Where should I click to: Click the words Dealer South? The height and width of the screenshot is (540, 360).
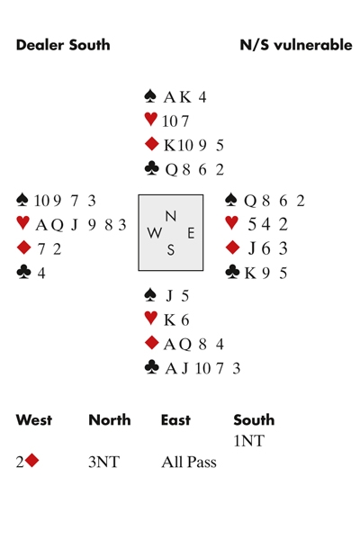point(63,45)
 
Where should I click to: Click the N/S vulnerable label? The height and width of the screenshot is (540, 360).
point(296,45)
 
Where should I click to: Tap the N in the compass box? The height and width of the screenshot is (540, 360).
point(171,216)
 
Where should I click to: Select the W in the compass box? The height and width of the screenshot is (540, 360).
point(154,233)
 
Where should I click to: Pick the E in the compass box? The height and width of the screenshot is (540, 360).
point(191,233)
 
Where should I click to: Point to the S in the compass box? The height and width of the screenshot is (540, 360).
point(170,249)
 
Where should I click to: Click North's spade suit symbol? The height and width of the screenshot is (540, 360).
point(150,96)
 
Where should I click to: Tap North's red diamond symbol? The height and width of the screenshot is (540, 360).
point(151,144)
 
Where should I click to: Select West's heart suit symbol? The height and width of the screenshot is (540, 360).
point(22,223)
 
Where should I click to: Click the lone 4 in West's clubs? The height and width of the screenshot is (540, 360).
point(41,273)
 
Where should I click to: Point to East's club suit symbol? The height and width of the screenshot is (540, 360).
point(232,272)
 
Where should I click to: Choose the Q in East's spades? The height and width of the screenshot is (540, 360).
point(250,201)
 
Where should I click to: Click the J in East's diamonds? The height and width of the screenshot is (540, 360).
point(252,248)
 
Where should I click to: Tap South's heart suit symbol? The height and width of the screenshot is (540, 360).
point(150,318)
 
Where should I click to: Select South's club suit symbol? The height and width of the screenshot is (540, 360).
point(152,367)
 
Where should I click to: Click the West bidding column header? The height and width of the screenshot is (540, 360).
point(34,420)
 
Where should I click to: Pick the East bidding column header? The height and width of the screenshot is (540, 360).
point(175,420)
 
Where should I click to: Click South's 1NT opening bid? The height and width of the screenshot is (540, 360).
point(249,441)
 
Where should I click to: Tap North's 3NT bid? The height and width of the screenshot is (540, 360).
point(104,462)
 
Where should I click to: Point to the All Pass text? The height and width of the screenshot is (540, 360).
point(189,462)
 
